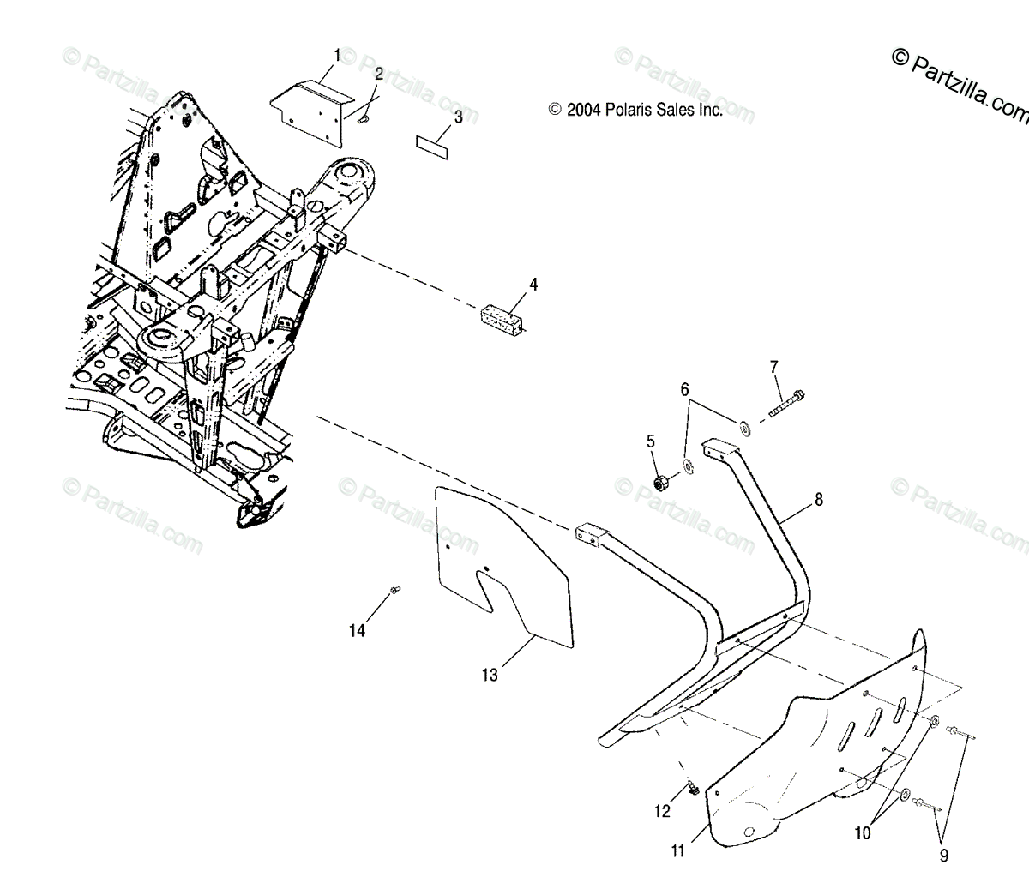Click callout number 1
[x=337, y=56]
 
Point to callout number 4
[x=533, y=284]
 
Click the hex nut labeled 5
[x=662, y=484]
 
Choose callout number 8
[x=818, y=499]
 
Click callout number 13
[x=489, y=675]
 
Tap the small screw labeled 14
[x=395, y=589]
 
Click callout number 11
[x=678, y=850]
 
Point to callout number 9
[x=943, y=854]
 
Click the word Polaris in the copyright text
[x=628, y=110]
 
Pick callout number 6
[x=685, y=366]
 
